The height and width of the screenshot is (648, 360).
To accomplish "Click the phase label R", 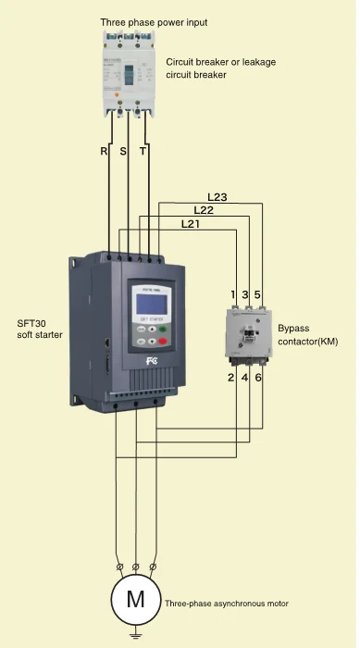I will (105, 151).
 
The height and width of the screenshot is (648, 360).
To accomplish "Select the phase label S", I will (122, 151).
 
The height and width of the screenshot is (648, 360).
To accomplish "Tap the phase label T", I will (143, 151).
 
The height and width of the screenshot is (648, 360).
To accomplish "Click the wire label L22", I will (204, 210).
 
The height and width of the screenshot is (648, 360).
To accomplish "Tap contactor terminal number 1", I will (233, 294).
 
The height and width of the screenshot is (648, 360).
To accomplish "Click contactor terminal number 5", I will (257, 294).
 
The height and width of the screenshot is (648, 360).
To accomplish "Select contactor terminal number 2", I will (232, 378).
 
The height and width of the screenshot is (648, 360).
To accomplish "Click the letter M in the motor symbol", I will (135, 598).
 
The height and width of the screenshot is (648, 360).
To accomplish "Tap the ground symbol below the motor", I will (135, 634).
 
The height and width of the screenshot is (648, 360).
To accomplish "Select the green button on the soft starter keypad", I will (164, 329).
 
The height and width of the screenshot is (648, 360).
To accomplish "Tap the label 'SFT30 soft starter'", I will (39, 329).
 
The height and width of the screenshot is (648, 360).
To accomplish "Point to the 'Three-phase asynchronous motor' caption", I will (226, 603).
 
